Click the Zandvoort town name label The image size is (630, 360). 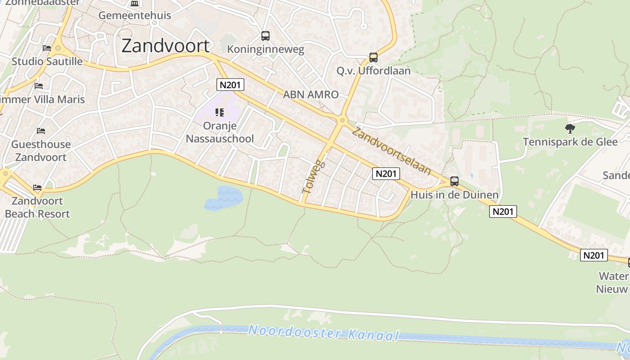(166, 46)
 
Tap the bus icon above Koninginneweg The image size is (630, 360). (265, 36)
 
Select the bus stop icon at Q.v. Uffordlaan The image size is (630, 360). (373, 58)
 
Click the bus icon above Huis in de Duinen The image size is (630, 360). (454, 181)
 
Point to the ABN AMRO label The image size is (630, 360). (310, 94)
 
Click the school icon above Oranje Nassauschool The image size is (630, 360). (220, 112)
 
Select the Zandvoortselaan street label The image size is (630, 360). (391, 151)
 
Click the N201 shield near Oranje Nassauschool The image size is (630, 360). (230, 85)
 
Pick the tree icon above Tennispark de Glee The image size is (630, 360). (570, 129)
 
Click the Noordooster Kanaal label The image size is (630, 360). (324, 333)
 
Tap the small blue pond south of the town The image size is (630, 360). (224, 198)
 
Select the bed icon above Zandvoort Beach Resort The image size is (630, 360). (37, 187)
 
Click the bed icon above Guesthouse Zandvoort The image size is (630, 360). (41, 131)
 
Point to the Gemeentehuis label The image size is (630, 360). (135, 15)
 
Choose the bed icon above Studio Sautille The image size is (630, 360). (47, 48)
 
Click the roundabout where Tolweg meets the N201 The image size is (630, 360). (342, 120)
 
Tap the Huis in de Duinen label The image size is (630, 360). (454, 195)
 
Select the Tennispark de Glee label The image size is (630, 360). (570, 142)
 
